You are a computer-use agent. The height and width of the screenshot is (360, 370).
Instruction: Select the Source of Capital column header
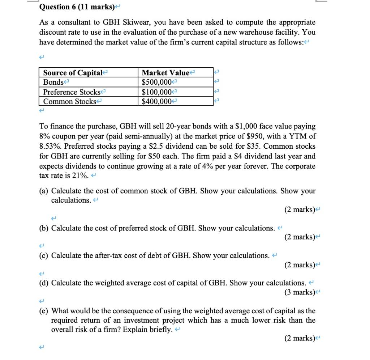(x=72, y=73)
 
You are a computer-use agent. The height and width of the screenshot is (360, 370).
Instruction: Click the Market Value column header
(x=165, y=73)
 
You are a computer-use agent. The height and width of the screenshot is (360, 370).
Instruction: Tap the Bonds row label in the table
(x=53, y=82)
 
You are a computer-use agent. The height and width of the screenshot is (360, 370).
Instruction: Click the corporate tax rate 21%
(x=80, y=176)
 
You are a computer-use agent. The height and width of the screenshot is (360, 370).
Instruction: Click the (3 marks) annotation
(x=300, y=292)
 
